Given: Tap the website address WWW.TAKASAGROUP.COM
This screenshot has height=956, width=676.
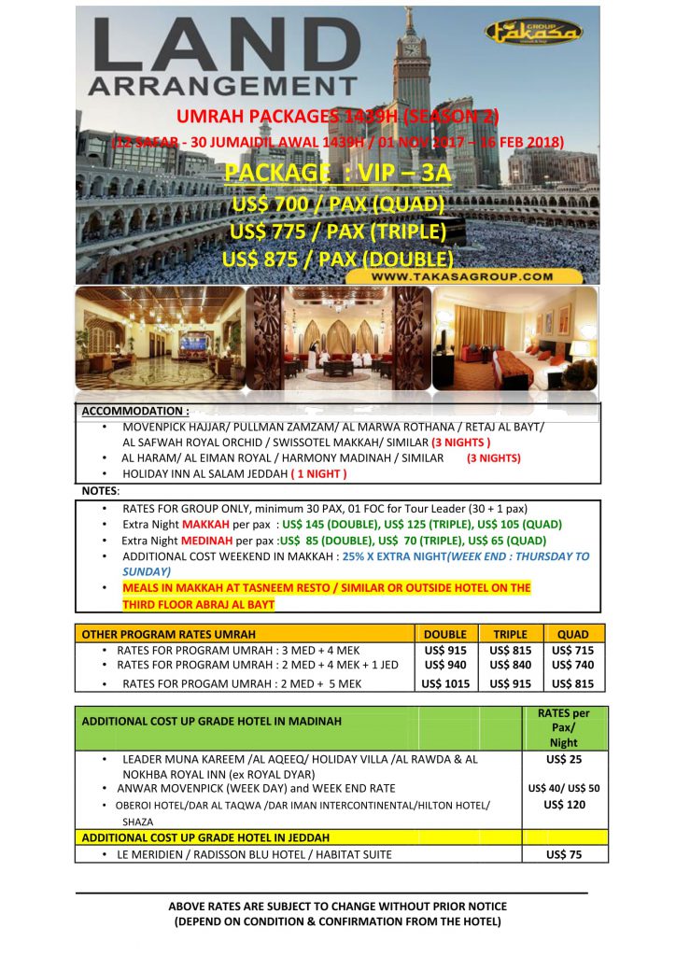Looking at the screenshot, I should click(x=461, y=276).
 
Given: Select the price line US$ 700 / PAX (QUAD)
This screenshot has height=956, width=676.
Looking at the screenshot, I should click(x=338, y=204).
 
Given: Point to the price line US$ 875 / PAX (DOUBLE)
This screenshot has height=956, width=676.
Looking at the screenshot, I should click(x=338, y=257).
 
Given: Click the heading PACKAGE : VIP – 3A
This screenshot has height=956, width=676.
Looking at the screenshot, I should click(x=338, y=175).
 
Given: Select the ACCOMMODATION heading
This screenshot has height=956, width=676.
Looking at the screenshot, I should click(x=135, y=411).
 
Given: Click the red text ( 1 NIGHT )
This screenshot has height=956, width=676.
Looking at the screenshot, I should click(x=318, y=473).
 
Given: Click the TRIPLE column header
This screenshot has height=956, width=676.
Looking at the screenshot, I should click(x=510, y=634).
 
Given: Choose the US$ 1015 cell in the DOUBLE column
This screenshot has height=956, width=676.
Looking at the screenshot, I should click(x=445, y=683).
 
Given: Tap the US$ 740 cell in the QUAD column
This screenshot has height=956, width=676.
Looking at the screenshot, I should click(x=574, y=665).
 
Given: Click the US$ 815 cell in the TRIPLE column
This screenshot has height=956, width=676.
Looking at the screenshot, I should click(x=510, y=650).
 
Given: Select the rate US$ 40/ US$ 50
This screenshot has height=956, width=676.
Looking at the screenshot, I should click(x=564, y=788).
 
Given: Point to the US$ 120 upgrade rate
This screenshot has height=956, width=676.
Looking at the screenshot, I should click(x=564, y=805).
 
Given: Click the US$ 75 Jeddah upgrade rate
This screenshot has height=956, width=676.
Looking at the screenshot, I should click(x=564, y=854).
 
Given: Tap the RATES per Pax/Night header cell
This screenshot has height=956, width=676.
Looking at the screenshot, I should click(x=564, y=728).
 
